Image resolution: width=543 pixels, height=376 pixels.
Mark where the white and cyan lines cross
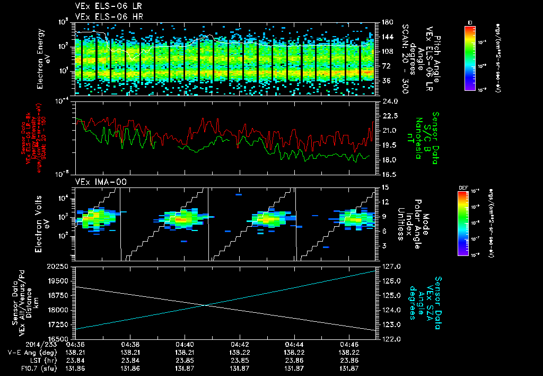click(x=205, y=305)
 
